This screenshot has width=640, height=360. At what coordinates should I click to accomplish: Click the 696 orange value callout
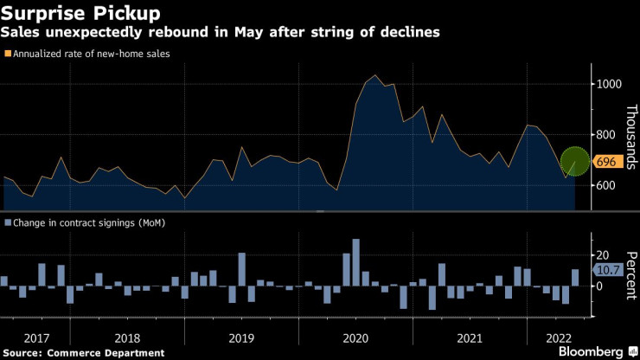click(x=604, y=162)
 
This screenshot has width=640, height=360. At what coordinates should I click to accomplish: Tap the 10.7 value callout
click(x=605, y=271)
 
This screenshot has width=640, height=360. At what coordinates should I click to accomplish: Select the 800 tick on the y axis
click(x=604, y=135)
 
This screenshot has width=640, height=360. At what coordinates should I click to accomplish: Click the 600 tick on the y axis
click(x=604, y=186)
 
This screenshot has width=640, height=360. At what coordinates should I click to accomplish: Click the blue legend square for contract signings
click(x=8, y=222)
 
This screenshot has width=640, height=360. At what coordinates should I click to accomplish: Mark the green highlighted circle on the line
click(x=577, y=161)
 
